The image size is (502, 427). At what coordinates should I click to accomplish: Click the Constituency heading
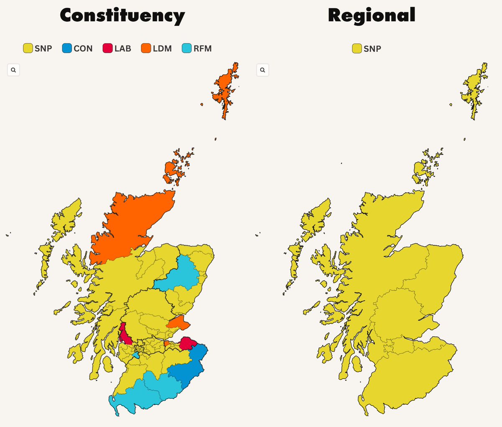tap(122, 16)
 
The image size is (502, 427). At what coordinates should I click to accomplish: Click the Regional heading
tap(371, 15)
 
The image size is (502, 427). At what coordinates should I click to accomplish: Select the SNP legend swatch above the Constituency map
tap(28, 49)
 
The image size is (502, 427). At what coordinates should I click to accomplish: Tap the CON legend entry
tap(77, 49)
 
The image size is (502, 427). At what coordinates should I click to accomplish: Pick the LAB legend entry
tap(117, 49)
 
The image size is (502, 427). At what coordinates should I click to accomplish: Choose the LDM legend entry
tap(156, 49)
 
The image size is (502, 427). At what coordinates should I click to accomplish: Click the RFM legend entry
tap(197, 49)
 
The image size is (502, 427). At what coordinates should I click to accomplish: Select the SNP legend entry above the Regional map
tap(367, 49)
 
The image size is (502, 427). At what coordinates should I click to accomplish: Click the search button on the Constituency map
tap(13, 70)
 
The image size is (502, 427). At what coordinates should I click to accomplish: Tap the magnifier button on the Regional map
tap(262, 70)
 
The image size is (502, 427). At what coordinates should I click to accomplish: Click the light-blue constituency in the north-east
tap(180, 274)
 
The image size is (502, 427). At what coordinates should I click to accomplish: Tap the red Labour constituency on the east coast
tap(188, 344)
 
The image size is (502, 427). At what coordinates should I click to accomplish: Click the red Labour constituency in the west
tap(124, 335)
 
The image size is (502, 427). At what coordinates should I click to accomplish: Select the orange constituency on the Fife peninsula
tap(178, 322)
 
